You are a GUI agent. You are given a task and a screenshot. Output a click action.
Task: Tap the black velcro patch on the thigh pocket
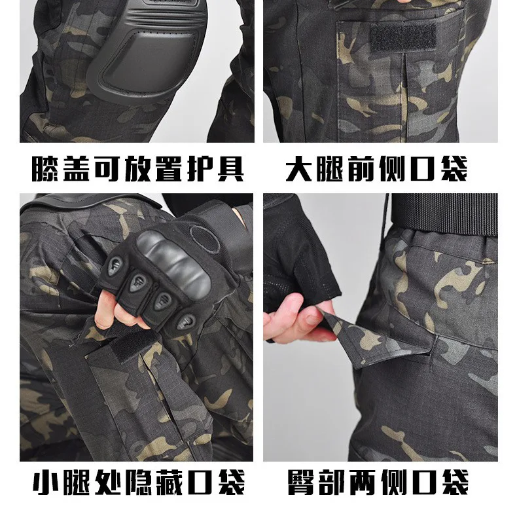[403, 37]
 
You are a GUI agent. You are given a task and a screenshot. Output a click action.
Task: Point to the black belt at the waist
[444, 213]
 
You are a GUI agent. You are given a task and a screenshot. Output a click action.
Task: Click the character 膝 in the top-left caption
[45, 168]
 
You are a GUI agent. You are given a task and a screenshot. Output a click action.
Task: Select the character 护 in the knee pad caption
[200, 168]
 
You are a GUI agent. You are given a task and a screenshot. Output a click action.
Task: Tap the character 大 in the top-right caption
[298, 168]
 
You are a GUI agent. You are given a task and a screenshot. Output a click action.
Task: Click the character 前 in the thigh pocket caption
[361, 168]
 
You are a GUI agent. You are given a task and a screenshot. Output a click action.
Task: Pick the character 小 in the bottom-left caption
[46, 482]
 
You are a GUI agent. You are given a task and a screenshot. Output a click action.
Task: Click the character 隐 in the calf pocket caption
[139, 482]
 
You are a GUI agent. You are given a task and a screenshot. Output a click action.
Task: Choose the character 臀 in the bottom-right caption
[300, 482]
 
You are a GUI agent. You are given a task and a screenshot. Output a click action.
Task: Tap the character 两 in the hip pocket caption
[363, 482]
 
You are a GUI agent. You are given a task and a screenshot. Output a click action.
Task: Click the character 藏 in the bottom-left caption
[169, 482]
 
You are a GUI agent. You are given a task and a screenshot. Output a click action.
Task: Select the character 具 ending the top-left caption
[231, 168]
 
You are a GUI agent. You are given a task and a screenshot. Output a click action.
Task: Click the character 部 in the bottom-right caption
[332, 482]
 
